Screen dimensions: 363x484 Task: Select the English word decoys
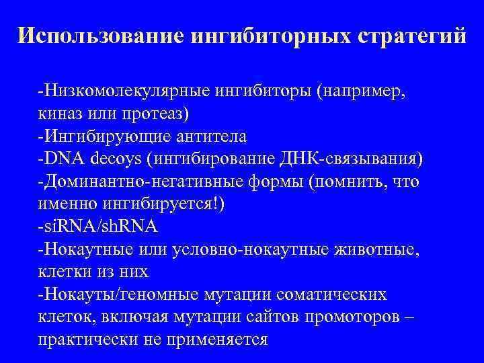click(119, 159)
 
